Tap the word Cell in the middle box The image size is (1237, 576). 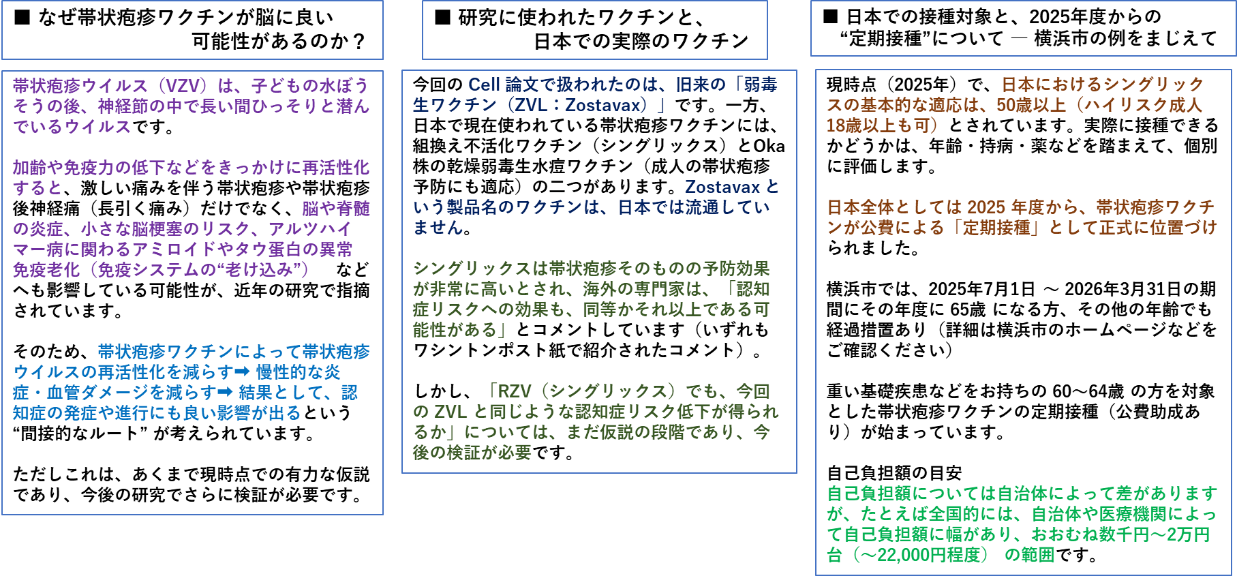484,85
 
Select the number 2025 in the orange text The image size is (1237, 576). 986,207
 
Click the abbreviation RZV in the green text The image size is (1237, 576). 515,391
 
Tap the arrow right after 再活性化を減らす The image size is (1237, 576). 243,372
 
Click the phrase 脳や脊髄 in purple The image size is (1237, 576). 335,209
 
